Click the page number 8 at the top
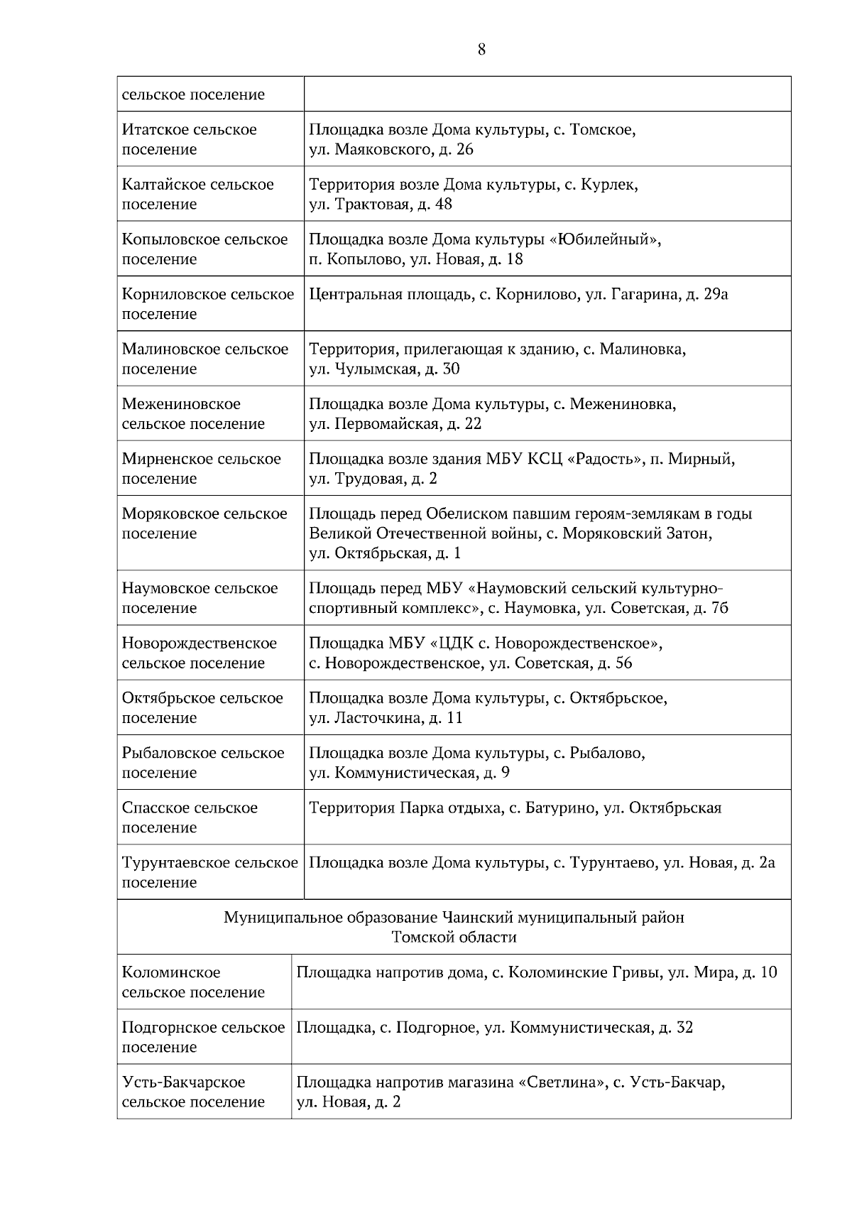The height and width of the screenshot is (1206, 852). (482, 50)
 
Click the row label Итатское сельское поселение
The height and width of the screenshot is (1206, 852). (189, 139)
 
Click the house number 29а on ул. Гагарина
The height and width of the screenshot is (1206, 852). (714, 294)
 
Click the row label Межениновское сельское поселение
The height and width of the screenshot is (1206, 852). (192, 413)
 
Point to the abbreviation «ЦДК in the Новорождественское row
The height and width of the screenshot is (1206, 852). (449, 643)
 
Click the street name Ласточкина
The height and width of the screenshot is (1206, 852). (378, 718)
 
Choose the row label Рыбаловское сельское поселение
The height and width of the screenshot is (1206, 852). (202, 763)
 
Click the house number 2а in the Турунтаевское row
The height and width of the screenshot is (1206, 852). (767, 863)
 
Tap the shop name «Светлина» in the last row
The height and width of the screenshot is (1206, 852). (562, 1082)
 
